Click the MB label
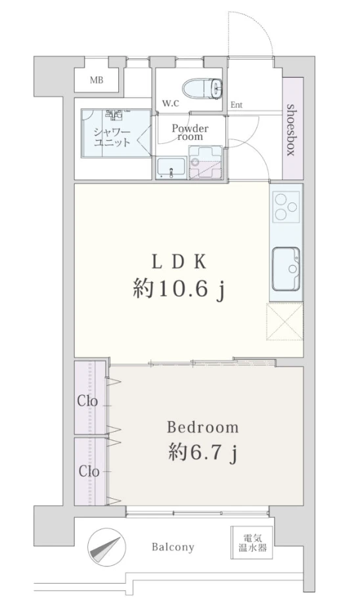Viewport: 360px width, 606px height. [x=97, y=80]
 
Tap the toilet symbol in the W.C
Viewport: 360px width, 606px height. [x=202, y=87]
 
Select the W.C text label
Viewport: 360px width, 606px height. [x=170, y=104]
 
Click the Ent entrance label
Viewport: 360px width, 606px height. [x=236, y=105]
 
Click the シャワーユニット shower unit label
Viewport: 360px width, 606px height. [x=112, y=137]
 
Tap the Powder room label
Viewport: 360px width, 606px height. [x=190, y=132]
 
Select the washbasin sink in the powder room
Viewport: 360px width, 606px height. [x=171, y=168]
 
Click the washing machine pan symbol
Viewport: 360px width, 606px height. [x=205, y=162]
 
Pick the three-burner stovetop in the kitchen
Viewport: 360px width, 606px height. [x=286, y=207]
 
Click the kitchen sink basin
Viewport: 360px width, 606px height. [x=286, y=269]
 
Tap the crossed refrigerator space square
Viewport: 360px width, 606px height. [x=284, y=322]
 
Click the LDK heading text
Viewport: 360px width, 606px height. [x=179, y=263]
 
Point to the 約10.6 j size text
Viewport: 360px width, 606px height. [x=179, y=289]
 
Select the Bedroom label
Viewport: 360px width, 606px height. [x=203, y=427]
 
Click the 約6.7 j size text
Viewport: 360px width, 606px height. [x=202, y=452]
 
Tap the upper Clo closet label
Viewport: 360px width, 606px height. [x=87, y=401]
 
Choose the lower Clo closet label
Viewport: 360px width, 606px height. [x=89, y=471]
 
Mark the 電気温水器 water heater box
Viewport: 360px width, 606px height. [x=252, y=543]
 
